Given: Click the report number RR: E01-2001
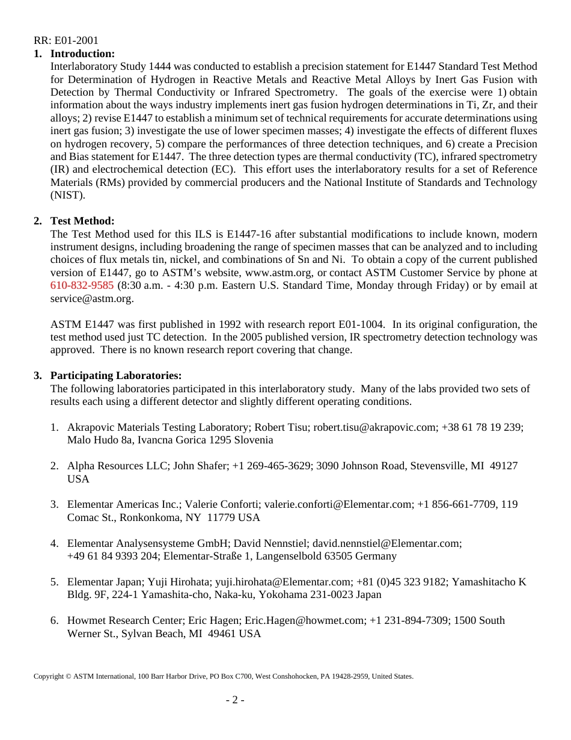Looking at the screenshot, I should click(66, 41).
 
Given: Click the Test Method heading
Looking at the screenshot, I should click(82, 221).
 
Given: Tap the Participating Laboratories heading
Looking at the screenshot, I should click(116, 375).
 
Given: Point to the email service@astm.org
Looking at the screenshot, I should click(92, 298).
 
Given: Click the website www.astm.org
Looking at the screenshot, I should click(273, 273).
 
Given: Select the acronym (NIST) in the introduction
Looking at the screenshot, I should click(68, 195).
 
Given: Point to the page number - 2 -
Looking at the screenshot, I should click(235, 700).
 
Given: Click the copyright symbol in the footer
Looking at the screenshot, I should click(69, 676).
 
